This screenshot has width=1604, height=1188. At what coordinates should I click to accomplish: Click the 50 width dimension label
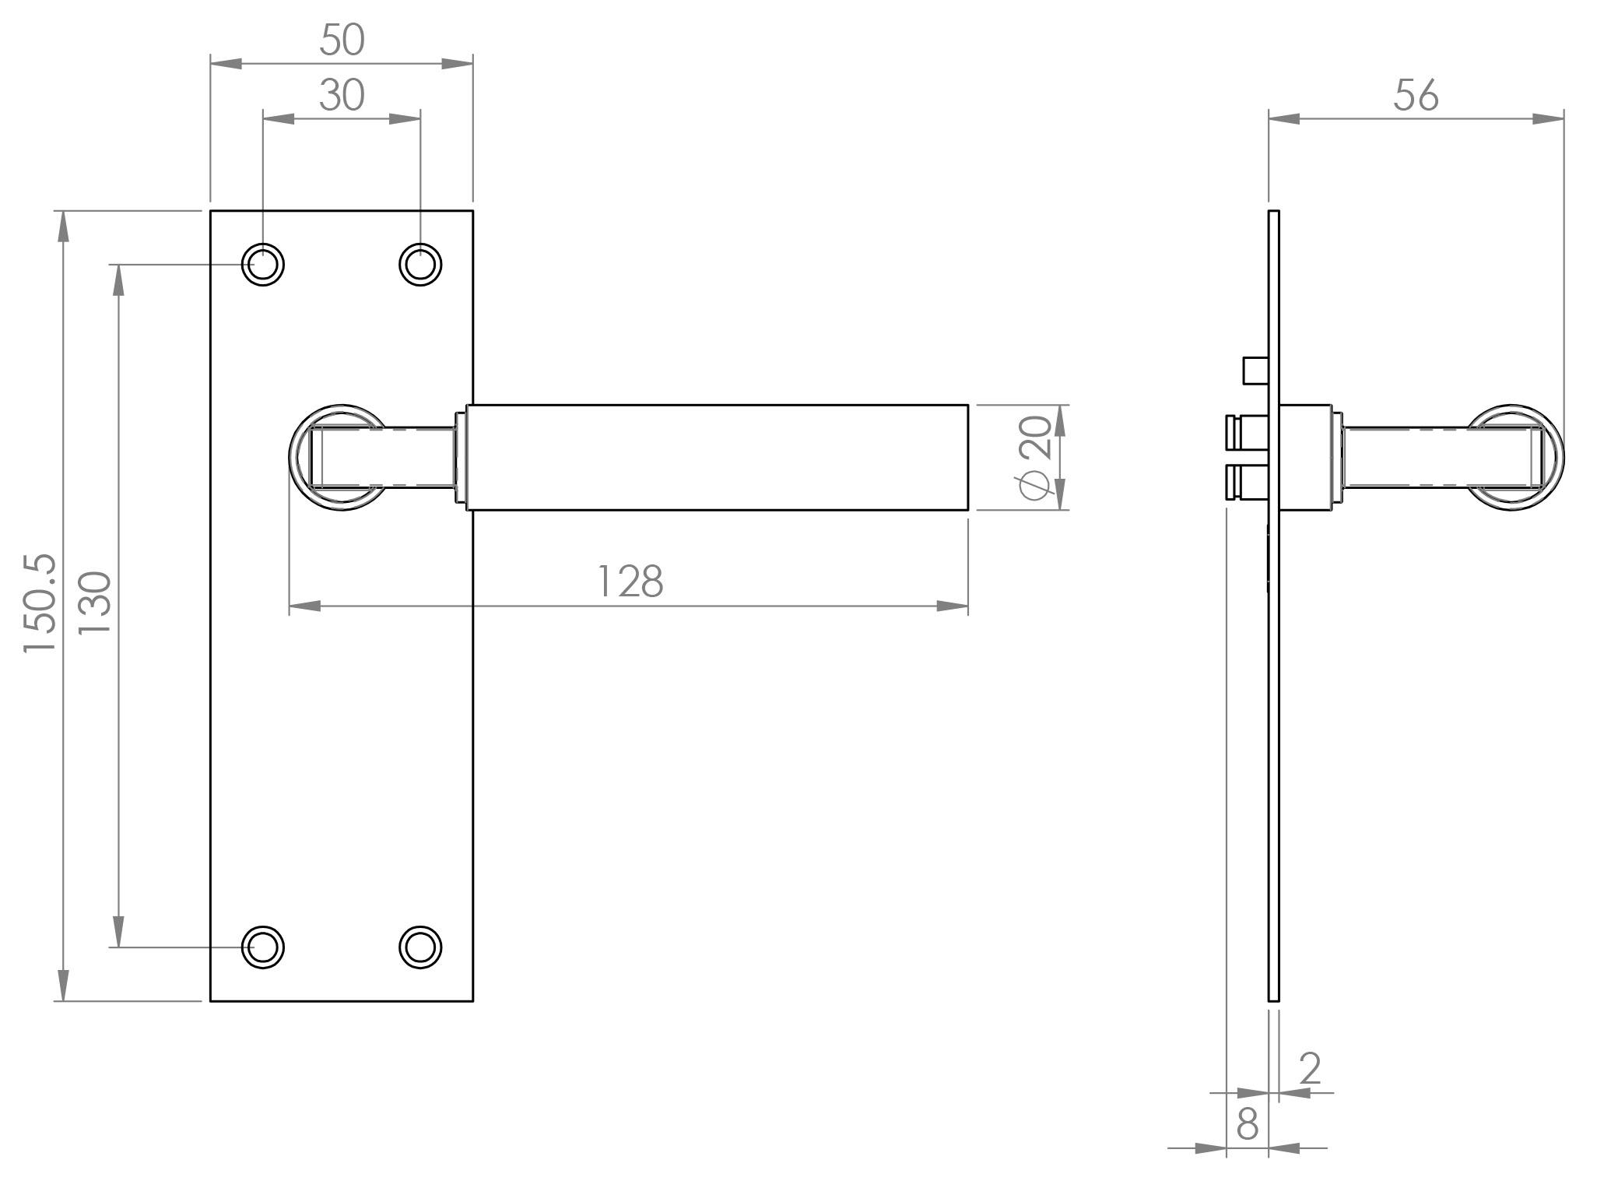pos(342,40)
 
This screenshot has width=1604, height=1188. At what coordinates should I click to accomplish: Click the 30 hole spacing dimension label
pos(342,97)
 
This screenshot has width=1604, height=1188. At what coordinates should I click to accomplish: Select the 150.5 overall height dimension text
pos(39,603)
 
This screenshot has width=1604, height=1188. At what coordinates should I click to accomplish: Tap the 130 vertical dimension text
pos(97,603)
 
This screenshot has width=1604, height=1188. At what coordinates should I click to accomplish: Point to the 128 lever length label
pos(629,582)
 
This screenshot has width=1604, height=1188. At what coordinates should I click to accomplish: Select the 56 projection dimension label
pos(1416,97)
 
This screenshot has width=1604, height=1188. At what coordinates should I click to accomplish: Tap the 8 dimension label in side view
pos(1247,1123)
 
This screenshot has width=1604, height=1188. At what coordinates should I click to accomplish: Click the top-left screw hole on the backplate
pos(263,265)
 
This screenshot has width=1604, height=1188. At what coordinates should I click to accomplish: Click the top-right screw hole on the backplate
pos(420,265)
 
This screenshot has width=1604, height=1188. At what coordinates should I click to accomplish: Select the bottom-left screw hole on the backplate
pos(263,947)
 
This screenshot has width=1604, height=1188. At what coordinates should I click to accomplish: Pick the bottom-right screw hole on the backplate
pos(420,947)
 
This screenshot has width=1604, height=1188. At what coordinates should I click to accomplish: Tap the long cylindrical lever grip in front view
pos(716,458)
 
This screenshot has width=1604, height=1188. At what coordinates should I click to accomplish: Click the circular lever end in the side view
pos(1514,458)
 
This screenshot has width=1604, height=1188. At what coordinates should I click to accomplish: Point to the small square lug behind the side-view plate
pos(1255,370)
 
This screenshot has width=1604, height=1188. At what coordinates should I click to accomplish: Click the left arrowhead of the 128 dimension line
pos(304,606)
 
